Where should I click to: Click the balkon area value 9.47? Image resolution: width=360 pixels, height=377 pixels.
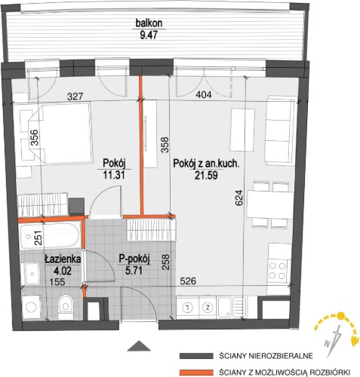pos(149,35)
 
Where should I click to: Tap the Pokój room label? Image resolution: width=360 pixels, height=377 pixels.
pos(114,164)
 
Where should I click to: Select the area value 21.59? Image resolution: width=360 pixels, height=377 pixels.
pos(206,175)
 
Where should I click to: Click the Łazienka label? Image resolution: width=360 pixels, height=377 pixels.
pos(63,259)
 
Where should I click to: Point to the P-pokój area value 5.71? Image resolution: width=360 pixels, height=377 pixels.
pos(134,271)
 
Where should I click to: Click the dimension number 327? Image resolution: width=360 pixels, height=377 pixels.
pos(75,97)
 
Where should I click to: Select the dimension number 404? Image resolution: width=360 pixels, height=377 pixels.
pos(204,95)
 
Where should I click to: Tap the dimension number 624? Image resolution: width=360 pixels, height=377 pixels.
pos(239,198)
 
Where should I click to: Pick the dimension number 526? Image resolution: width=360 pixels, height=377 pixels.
pos(188,281)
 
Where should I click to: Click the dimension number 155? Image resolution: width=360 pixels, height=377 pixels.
pos(57,282)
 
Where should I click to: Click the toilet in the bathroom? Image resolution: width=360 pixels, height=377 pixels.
pos(66,307)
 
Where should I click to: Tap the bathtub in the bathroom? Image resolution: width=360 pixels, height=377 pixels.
pos(51,237)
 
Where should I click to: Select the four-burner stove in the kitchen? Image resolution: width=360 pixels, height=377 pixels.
pos(278,271)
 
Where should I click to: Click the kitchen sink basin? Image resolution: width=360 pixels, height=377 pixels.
pos(226,307)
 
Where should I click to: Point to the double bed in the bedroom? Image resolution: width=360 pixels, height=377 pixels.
pos(60,133)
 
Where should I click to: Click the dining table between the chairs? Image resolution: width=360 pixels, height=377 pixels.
pos(270,204)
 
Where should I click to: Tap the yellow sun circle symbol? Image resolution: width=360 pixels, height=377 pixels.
pos(341,316)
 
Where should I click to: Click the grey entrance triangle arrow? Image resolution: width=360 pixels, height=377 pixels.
pos(139,346)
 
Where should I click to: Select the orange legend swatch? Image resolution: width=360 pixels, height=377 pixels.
pos(196,372)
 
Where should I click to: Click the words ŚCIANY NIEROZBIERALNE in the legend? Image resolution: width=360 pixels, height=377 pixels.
pos(266,356)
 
